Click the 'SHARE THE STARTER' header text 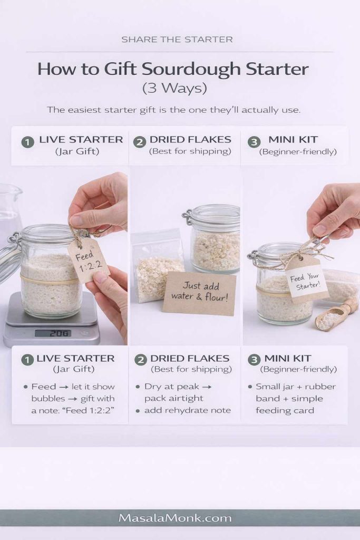177,40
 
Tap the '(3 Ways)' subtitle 174,88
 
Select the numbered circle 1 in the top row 27,142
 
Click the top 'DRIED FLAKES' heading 190,140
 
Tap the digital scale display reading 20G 53,333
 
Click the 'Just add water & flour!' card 199,293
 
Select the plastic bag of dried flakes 154,269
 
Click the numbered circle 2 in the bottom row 140,360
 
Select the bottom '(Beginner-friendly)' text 298,370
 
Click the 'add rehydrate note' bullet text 187,410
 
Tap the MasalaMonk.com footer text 175,518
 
